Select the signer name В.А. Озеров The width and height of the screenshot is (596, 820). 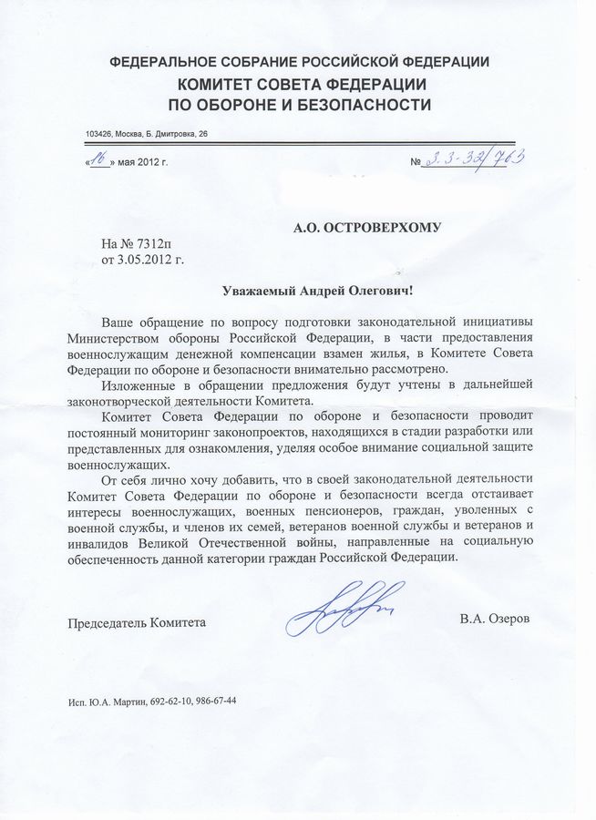(x=495, y=620)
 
